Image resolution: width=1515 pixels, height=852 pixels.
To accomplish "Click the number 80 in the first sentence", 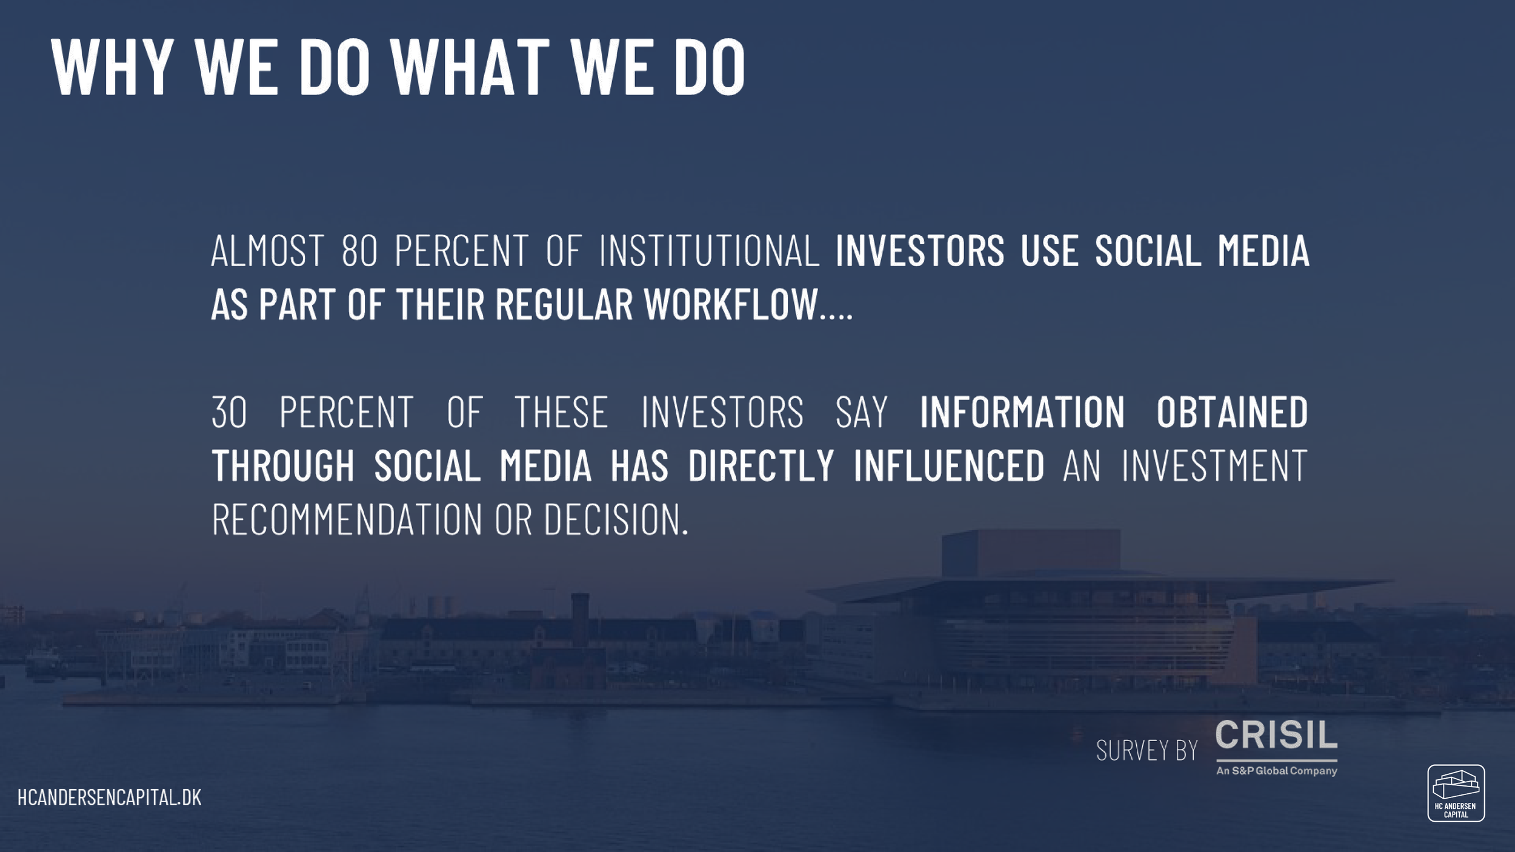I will pos(360,250).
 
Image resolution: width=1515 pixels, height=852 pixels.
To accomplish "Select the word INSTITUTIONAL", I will pos(709,250).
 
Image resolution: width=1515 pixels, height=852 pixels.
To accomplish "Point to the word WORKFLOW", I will pos(731,304).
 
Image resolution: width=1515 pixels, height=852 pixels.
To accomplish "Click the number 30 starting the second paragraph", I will pos(230,412).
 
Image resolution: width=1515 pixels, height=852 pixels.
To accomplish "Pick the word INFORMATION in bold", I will pos(1022,412).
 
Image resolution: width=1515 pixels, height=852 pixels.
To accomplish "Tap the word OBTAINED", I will pos(1232,412).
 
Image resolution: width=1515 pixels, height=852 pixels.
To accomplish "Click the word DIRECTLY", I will pos(761,465).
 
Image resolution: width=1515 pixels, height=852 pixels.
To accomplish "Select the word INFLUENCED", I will pos(949,465).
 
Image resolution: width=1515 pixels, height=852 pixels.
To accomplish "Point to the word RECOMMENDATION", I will pos(347,519).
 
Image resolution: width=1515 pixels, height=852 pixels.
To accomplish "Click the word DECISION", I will pos(616,519).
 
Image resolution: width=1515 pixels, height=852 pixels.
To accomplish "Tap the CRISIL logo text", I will pos(1276,735).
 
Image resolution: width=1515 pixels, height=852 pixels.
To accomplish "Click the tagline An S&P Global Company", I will pos(1276,771).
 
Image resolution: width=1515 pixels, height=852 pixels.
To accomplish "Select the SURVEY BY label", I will pos(1147,751).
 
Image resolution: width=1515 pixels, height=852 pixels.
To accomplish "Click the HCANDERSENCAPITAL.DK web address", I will pos(110,797).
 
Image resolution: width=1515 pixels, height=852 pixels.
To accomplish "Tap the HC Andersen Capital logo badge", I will pos(1456,793).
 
